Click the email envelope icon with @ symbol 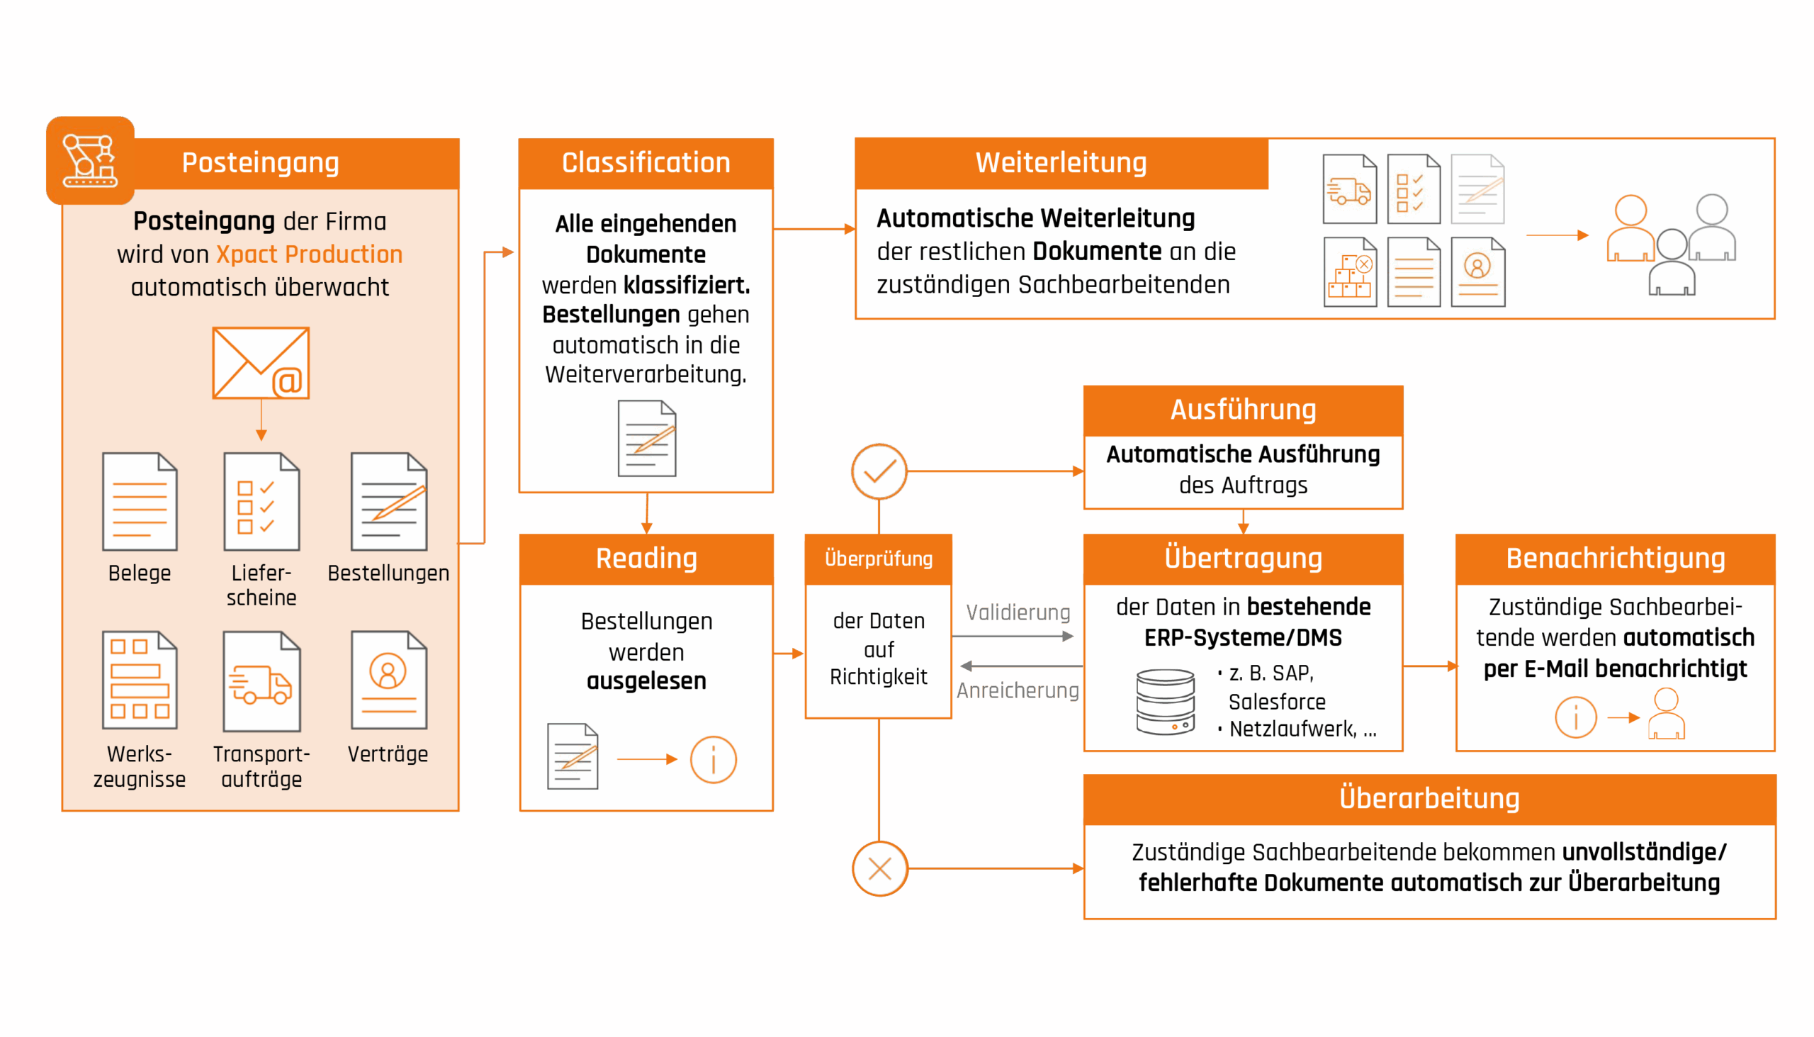pyautogui.click(x=261, y=363)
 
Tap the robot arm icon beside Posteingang pyautogui.click(x=90, y=161)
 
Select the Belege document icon pyautogui.click(x=140, y=501)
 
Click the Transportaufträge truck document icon pyautogui.click(x=261, y=682)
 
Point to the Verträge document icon pyautogui.click(x=389, y=680)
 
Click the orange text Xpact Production pyautogui.click(x=309, y=254)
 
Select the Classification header pyautogui.click(x=646, y=163)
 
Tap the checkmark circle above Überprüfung pyautogui.click(x=879, y=471)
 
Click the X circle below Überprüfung pyautogui.click(x=880, y=868)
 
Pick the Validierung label pyautogui.click(x=1018, y=612)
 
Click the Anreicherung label pyautogui.click(x=1018, y=690)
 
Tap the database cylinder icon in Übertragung pyautogui.click(x=1166, y=702)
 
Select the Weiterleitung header pyautogui.click(x=1061, y=163)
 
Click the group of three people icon pyautogui.click(x=1671, y=244)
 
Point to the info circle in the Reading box pyautogui.click(x=713, y=759)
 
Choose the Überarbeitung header pyautogui.click(x=1429, y=798)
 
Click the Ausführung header pyautogui.click(x=1242, y=410)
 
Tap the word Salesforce pyautogui.click(x=1276, y=702)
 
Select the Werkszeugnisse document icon pyautogui.click(x=140, y=680)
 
